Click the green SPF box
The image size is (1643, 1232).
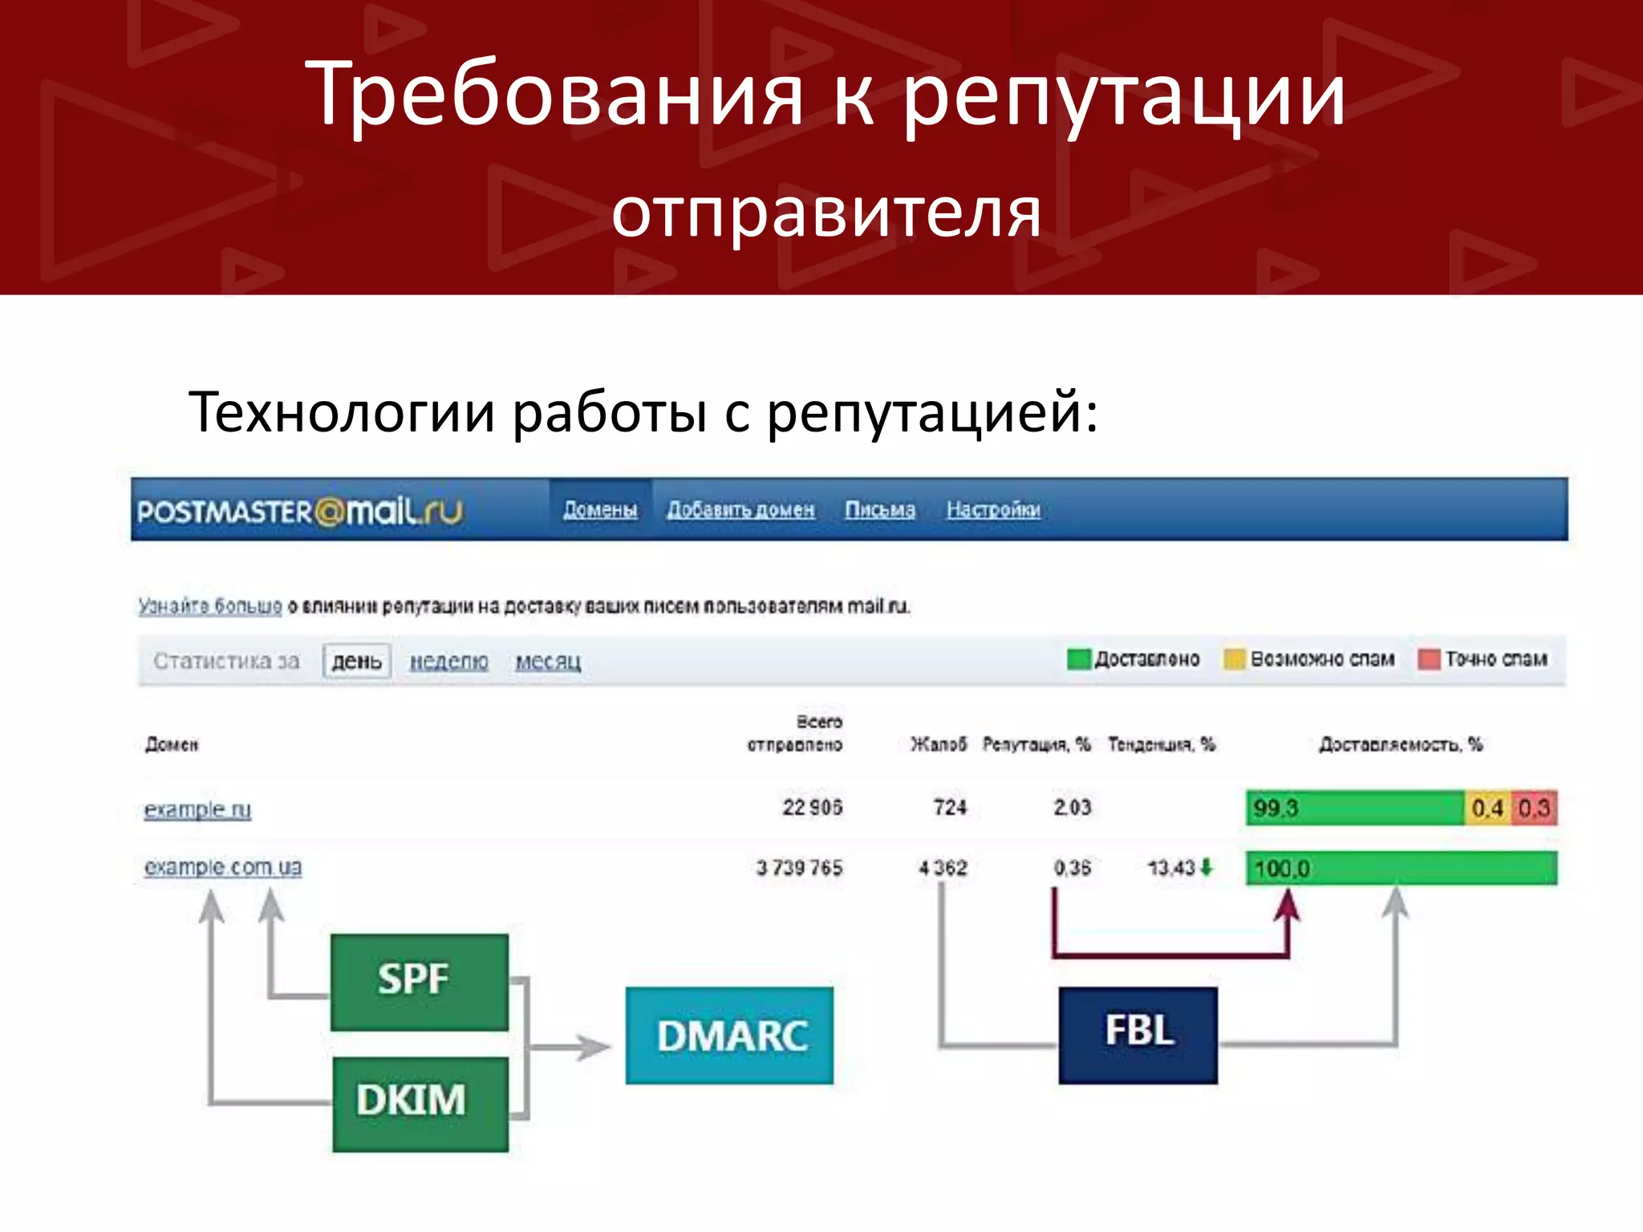(x=419, y=981)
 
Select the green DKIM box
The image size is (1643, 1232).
(x=420, y=1103)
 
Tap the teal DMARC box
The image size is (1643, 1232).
(x=729, y=1035)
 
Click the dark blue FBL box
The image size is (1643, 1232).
(x=1138, y=1035)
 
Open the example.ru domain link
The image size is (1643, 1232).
(x=197, y=809)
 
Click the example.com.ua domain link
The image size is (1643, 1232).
(x=223, y=867)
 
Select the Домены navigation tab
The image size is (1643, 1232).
(x=600, y=510)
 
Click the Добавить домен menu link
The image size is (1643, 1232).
(x=740, y=510)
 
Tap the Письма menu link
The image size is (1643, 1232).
(x=879, y=510)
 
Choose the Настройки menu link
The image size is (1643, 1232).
(x=993, y=510)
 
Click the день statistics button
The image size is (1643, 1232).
(x=357, y=662)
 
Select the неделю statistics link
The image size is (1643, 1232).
(x=448, y=662)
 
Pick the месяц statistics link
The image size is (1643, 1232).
(x=548, y=662)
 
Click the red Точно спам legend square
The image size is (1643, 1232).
(x=1429, y=659)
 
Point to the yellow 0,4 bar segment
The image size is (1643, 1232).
(x=1487, y=808)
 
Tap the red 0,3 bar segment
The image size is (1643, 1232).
(x=1534, y=808)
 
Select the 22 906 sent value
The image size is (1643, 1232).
(x=812, y=808)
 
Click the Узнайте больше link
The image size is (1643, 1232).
(x=210, y=606)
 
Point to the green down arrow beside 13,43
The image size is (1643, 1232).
(x=1207, y=867)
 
